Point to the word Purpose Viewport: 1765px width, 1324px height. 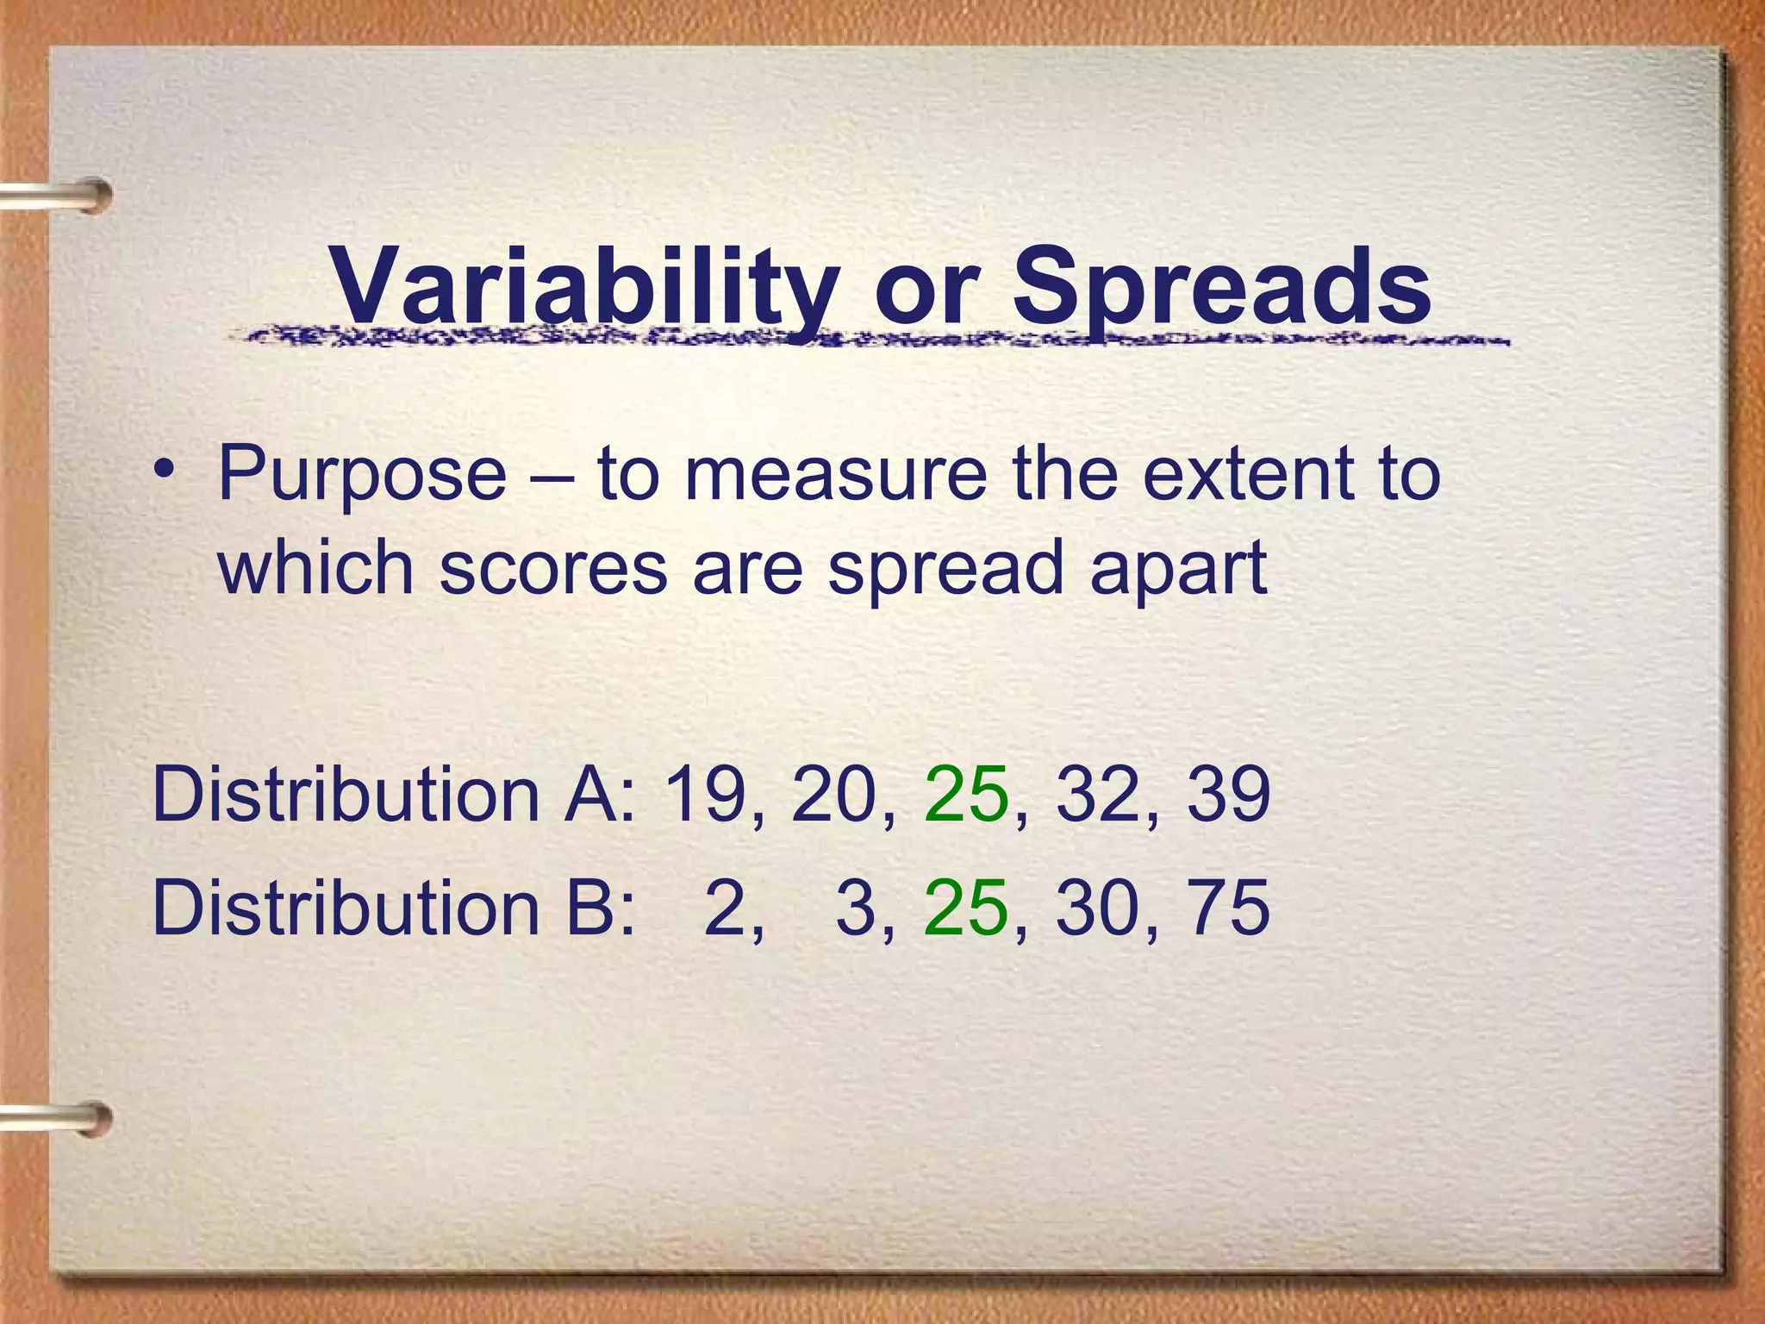pyautogui.click(x=362, y=475)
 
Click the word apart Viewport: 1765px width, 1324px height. pyautogui.click(x=1178, y=569)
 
